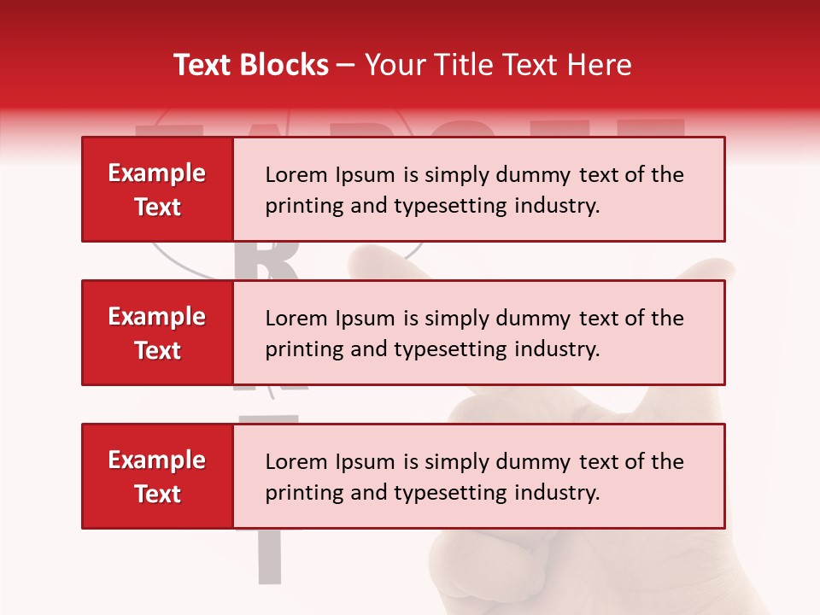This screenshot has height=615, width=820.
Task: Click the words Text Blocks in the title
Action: click(251, 65)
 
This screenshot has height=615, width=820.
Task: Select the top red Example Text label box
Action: click(157, 190)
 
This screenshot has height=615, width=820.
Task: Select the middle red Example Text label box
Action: click(157, 333)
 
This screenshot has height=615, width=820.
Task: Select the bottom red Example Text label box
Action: click(157, 477)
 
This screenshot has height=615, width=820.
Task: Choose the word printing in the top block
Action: click(299, 207)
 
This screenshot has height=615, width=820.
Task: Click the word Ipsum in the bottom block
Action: click(363, 462)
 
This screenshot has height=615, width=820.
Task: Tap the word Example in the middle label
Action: click(157, 317)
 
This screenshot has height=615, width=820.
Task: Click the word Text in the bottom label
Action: click(157, 494)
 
